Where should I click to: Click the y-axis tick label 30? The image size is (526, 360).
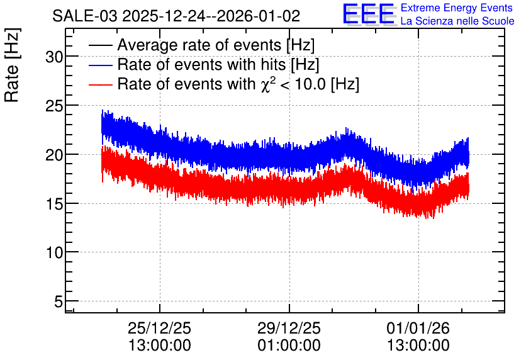click(x=54, y=57)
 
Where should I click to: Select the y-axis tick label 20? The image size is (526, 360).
click(x=54, y=155)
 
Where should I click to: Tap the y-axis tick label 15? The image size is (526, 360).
click(x=54, y=205)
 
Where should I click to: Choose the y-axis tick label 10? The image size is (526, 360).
click(x=54, y=252)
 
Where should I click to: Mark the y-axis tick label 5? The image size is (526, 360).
click(x=59, y=301)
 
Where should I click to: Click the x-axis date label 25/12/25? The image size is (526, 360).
click(x=159, y=328)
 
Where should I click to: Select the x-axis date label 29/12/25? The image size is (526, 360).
click(x=289, y=328)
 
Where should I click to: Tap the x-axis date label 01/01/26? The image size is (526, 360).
click(x=418, y=328)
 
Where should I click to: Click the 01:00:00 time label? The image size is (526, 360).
click(x=289, y=345)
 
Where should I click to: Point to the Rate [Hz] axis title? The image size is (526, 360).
click(x=12, y=65)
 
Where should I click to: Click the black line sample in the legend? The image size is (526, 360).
click(x=100, y=45)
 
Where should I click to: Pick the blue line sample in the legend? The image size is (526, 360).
click(x=100, y=65)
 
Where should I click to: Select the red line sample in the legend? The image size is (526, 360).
click(x=100, y=84)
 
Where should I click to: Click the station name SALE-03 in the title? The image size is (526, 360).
click(x=85, y=16)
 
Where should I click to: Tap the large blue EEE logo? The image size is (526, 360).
click(x=369, y=14)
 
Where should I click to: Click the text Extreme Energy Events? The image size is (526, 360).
click(x=457, y=8)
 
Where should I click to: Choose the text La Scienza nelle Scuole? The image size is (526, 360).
click(x=457, y=21)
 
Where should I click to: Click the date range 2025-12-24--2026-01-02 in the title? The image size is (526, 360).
click(x=211, y=16)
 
